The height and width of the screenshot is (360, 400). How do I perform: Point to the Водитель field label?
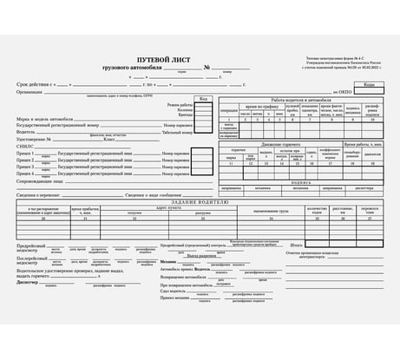click(27, 132)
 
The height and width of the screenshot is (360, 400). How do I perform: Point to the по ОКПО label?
click(342, 91)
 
